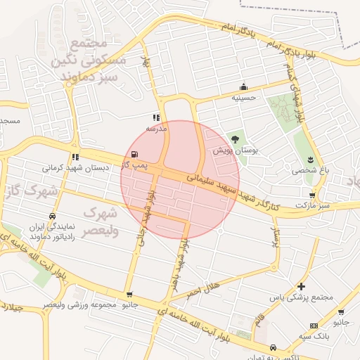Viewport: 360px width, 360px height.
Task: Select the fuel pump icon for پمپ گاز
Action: click(134, 154)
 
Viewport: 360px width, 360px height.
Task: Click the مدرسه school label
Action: click(156, 129)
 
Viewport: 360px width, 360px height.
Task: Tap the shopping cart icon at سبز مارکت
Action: click(312, 195)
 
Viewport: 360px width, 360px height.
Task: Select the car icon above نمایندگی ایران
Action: click(52, 217)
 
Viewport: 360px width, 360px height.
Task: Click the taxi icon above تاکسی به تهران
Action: click(273, 347)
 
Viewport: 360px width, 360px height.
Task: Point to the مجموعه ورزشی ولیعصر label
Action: click(79, 305)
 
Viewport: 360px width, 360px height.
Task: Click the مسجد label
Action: click(11, 121)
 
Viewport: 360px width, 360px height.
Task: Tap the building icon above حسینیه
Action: click(244, 86)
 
